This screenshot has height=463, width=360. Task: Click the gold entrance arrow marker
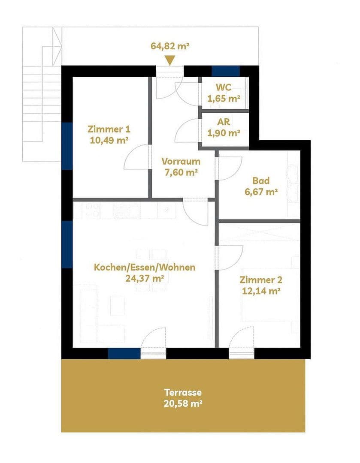(170, 60)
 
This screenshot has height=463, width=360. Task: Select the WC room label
(223, 87)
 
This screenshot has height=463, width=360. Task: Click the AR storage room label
(224, 122)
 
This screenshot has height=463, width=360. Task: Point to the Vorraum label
(181, 162)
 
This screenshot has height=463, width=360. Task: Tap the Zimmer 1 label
(109, 129)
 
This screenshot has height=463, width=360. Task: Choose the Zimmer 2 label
(261, 280)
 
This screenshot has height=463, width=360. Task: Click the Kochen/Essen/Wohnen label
(145, 268)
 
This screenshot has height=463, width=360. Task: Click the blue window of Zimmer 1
(67, 146)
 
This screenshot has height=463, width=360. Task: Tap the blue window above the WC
(226, 71)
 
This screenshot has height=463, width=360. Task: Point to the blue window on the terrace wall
(124, 353)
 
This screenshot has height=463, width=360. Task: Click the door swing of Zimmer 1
(136, 158)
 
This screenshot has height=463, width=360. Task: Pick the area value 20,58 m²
(183, 403)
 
